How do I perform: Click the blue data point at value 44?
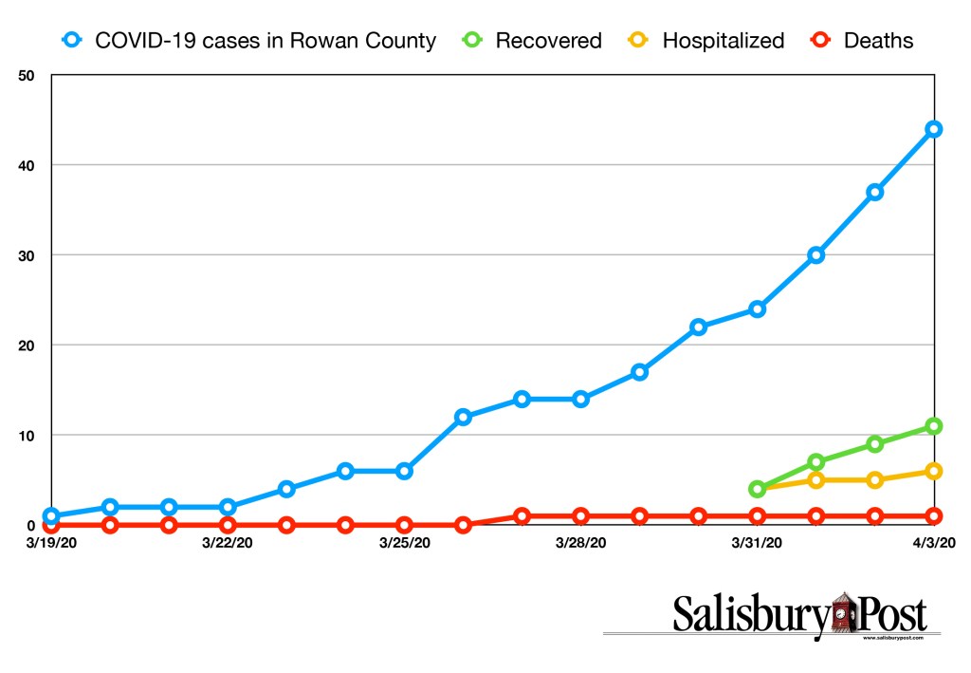coord(933,129)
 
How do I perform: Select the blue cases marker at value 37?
coord(874,192)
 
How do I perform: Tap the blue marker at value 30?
coord(815,255)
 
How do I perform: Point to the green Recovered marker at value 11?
coord(933,426)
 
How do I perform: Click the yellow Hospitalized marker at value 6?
coord(933,471)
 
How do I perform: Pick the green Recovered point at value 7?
coord(815,462)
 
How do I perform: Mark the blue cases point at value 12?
coord(463,417)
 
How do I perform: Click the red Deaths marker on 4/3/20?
coord(933,516)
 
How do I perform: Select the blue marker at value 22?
coord(698,327)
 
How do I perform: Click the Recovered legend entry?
coord(536,41)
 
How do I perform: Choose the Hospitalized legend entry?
coord(706,41)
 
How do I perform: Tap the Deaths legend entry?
coord(862,41)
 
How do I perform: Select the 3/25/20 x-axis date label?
coord(404,543)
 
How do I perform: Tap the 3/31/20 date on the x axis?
coord(757,543)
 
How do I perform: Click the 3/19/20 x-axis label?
coord(51,543)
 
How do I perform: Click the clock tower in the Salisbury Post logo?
coord(842,614)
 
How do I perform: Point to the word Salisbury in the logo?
coord(749,615)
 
